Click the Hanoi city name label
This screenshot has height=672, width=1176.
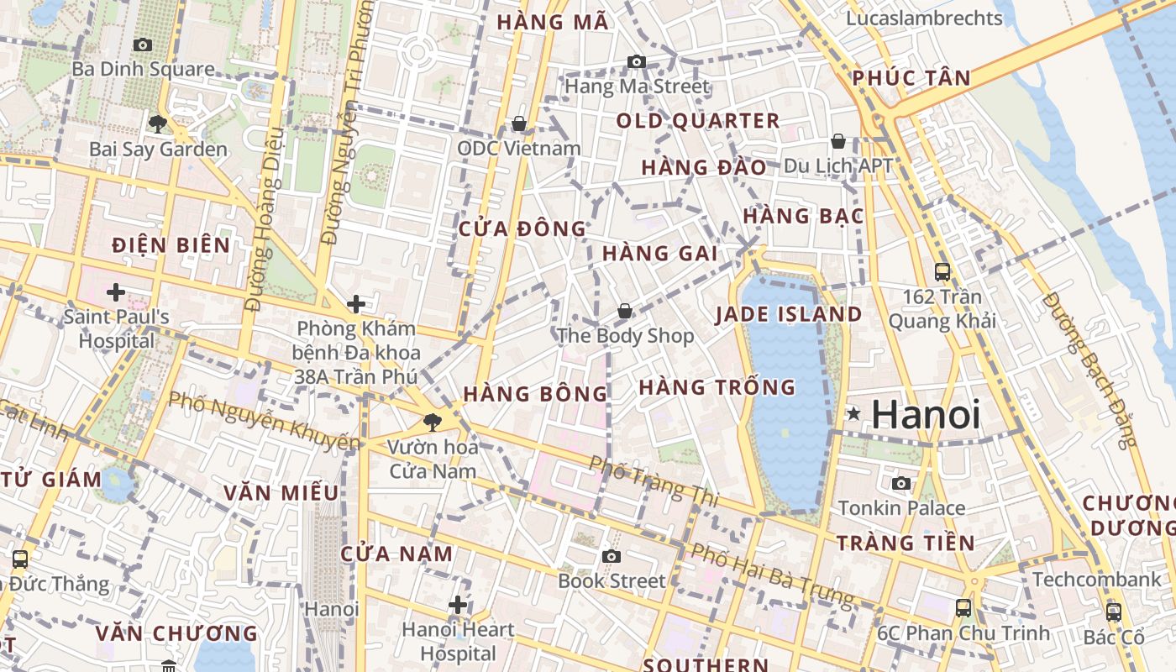[926, 414]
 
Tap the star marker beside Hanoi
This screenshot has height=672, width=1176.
[853, 413]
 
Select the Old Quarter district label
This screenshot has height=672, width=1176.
[698, 121]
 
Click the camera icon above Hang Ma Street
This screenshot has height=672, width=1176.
[637, 61]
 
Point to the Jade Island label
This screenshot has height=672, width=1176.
[789, 315]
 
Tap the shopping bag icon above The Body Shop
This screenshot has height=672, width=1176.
[625, 312]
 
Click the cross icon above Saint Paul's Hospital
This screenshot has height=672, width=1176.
[116, 292]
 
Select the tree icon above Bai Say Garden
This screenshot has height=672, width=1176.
[157, 125]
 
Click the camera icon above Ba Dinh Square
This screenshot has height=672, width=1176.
[143, 45]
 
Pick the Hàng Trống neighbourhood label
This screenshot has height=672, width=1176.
[717, 387]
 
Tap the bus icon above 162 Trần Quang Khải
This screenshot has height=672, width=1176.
[942, 272]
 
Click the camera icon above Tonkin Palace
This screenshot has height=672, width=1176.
[901, 483]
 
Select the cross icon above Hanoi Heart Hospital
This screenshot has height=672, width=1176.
[458, 604]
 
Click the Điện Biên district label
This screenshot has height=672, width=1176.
[171, 245]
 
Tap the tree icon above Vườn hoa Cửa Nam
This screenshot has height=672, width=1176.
[433, 422]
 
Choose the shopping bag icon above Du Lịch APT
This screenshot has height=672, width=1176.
[837, 141]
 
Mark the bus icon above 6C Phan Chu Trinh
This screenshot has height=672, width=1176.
[963, 607]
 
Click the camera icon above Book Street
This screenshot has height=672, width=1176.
[612, 556]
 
